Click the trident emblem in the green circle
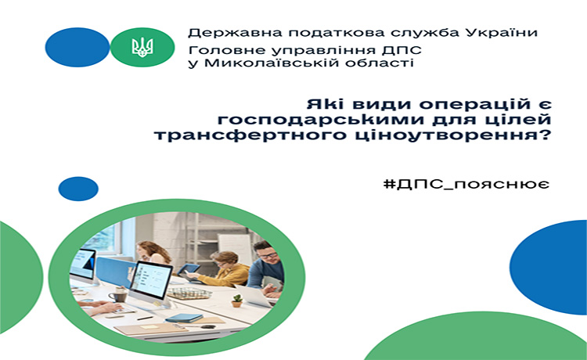(x=142, y=47)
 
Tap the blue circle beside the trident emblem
(x=77, y=47)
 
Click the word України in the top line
(x=502, y=33)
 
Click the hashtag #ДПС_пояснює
(x=466, y=184)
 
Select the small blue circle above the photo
(x=78, y=189)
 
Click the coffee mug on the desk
(x=118, y=295)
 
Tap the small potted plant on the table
(x=236, y=301)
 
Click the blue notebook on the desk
(x=184, y=318)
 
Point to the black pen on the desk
(x=145, y=319)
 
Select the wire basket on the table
(x=189, y=293)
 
